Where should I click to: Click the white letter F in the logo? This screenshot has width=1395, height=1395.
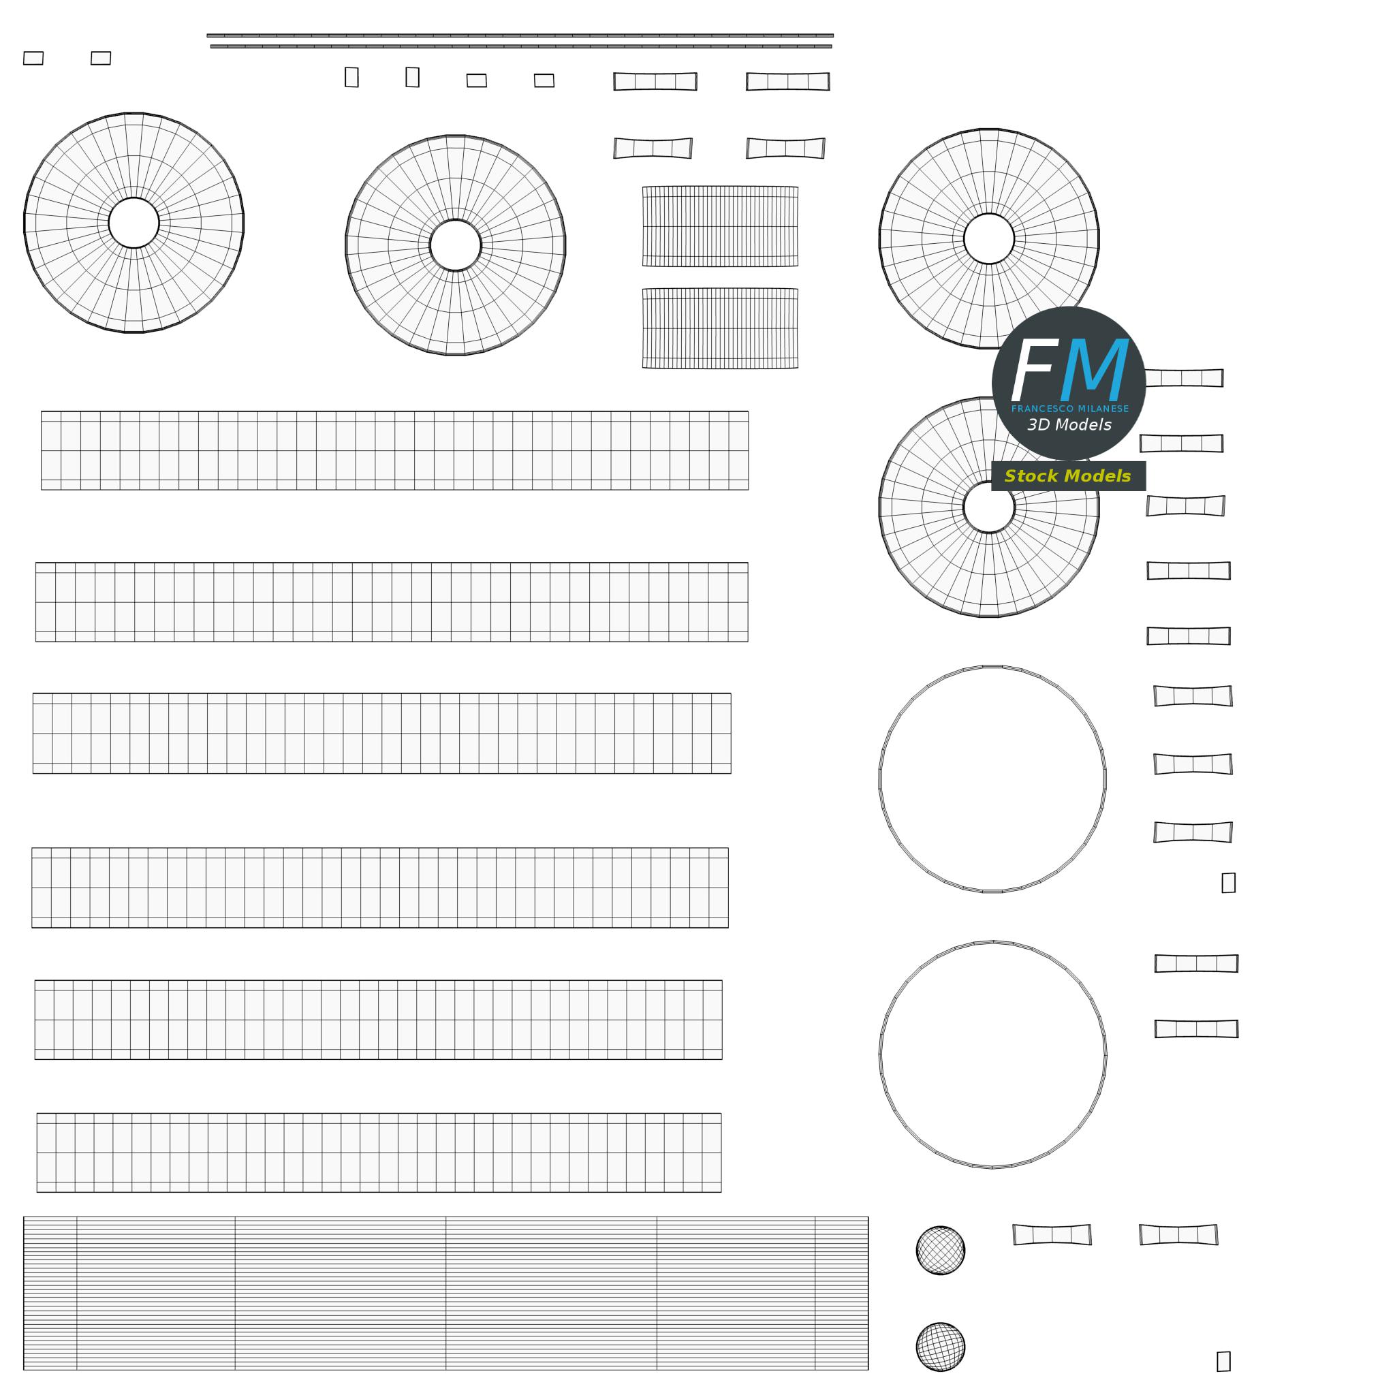[x=1034, y=369]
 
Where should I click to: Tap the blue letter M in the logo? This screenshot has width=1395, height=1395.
[x=1095, y=369]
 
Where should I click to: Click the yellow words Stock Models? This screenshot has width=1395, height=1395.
[x=1067, y=476]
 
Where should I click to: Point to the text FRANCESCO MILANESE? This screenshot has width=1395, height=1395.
[x=1070, y=409]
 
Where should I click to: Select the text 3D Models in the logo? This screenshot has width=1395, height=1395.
[x=1069, y=424]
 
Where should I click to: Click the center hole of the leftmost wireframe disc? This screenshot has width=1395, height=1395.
[x=134, y=222]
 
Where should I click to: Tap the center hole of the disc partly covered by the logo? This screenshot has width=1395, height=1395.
[x=988, y=507]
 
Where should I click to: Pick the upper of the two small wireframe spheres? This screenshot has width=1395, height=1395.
[x=940, y=1250]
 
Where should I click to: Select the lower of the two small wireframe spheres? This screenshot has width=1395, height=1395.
[x=940, y=1347]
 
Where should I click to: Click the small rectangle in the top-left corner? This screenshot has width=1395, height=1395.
[x=33, y=58]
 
